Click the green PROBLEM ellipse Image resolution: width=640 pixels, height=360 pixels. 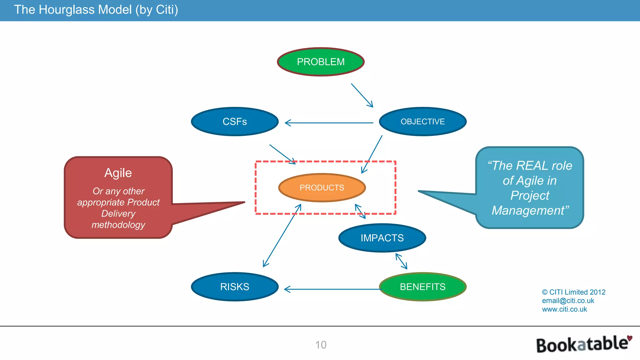(321, 62)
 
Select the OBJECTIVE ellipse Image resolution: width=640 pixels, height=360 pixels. (422, 122)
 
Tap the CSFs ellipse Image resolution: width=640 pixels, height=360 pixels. (235, 122)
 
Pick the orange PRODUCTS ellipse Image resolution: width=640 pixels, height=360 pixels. (322, 187)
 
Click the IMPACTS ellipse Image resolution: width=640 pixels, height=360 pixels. (382, 238)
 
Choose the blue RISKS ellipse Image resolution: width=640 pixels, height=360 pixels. (235, 287)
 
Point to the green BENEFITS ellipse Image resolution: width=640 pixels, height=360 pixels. (422, 287)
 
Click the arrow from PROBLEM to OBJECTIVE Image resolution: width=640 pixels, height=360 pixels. (362, 95)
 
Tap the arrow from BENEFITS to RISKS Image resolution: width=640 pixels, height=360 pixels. (331, 289)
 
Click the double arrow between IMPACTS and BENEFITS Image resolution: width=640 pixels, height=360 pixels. (401, 261)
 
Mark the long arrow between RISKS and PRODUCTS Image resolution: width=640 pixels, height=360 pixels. (282, 236)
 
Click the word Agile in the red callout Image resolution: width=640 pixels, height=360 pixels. (118, 173)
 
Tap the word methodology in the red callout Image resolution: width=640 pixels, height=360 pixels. (118, 225)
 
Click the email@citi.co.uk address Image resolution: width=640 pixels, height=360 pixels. (568, 301)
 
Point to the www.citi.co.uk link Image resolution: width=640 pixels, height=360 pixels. (564, 309)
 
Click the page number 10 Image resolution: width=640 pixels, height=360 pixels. (321, 345)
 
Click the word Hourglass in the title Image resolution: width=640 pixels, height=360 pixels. (67, 10)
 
